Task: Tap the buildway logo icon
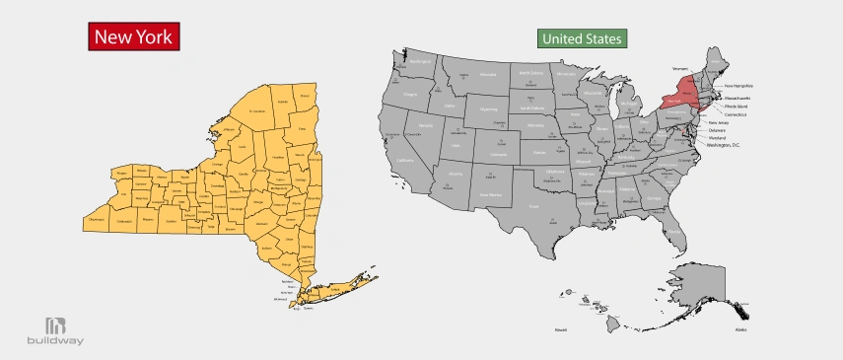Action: [x=54, y=325]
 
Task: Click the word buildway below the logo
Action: [x=54, y=342]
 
